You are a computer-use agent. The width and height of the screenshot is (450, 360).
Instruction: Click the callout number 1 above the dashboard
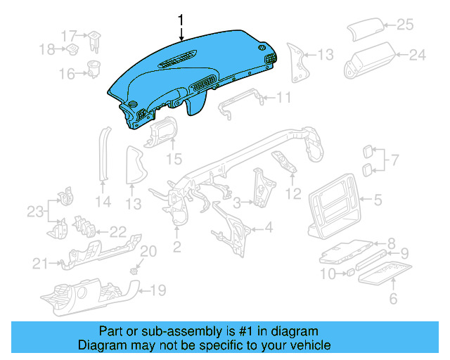(181, 20)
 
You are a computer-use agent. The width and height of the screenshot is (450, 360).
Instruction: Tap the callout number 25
(405, 25)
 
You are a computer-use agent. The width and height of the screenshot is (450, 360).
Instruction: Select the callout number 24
(417, 55)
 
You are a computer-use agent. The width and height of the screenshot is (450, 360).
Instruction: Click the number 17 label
(70, 36)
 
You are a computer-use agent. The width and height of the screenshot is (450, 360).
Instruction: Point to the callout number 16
(67, 74)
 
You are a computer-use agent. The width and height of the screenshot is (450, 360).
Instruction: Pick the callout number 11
(283, 98)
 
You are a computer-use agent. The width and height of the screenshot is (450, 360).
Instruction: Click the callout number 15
(174, 159)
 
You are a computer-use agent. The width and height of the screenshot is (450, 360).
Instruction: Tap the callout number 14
(103, 202)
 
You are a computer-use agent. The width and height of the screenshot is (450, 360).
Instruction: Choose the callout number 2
(177, 247)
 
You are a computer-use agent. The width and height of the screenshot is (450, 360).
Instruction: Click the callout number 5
(378, 200)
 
